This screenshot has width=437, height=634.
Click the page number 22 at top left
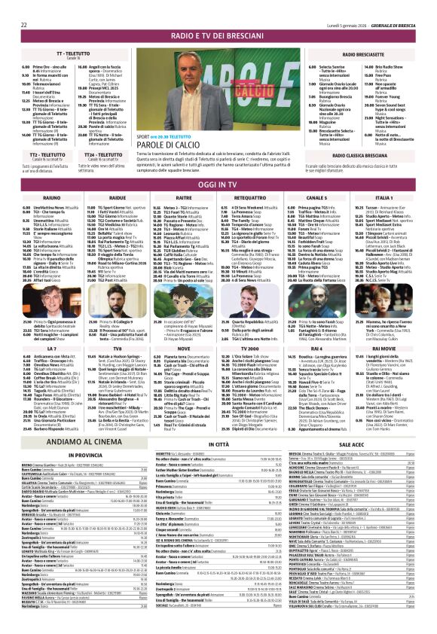tap(24, 5)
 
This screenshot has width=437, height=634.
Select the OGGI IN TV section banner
tap(218, 184)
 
